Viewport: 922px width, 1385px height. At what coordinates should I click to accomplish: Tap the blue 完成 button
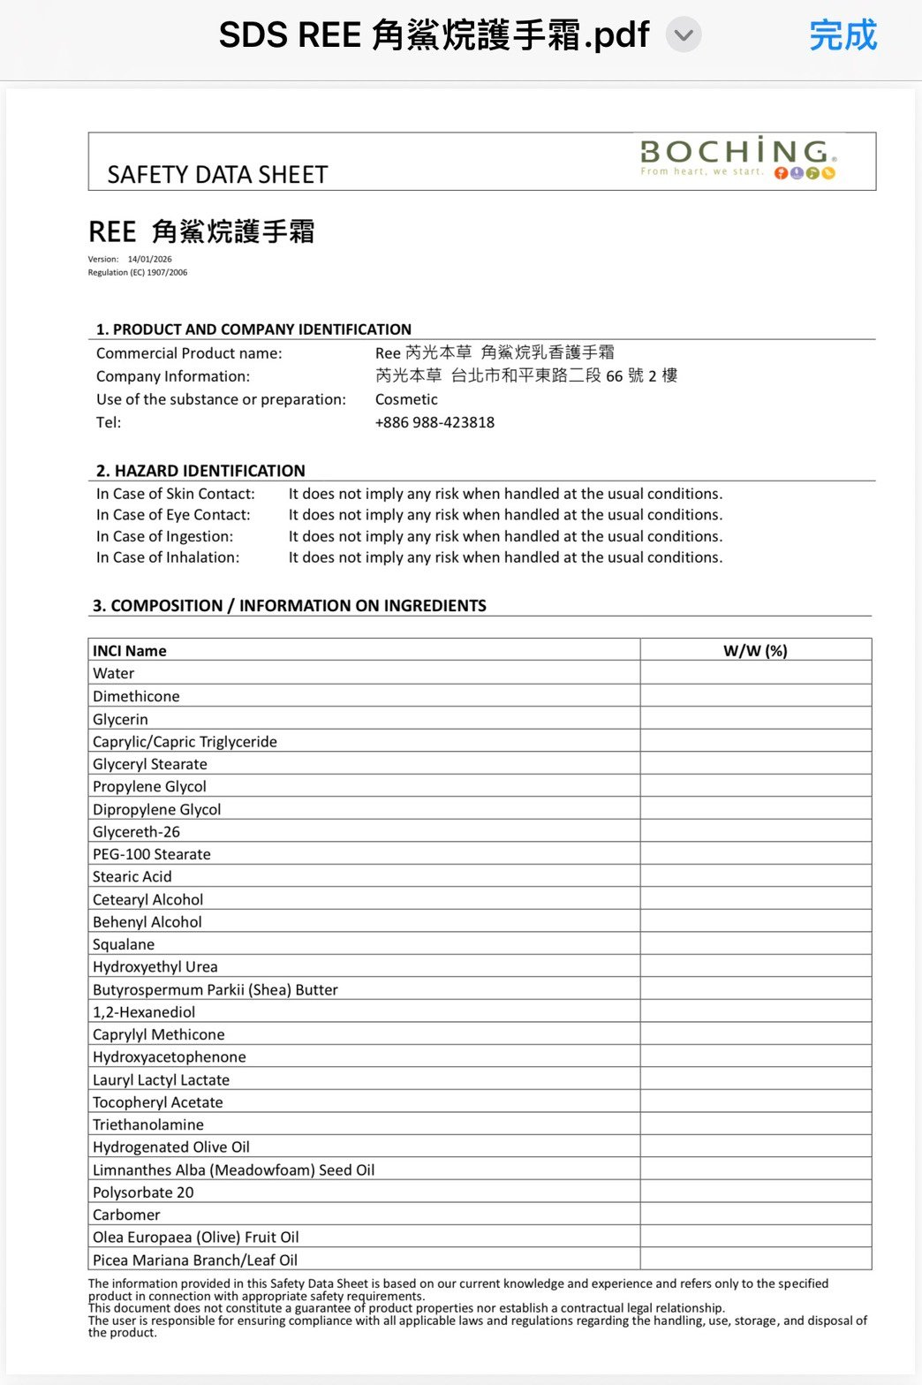[843, 35]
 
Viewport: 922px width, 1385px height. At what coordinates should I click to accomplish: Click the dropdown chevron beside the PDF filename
[683, 36]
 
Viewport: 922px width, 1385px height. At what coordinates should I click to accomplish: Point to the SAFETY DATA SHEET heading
[217, 175]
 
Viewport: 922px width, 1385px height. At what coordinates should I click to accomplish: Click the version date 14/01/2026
[149, 260]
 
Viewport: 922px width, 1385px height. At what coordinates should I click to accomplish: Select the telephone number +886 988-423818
[435, 422]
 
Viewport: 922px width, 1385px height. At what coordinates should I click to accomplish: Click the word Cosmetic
[406, 399]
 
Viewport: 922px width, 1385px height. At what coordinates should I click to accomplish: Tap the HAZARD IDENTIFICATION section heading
[200, 471]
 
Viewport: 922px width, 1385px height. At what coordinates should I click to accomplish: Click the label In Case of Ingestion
[164, 536]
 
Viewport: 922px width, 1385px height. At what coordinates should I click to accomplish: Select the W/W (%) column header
[755, 651]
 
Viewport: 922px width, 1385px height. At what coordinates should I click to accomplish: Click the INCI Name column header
[130, 651]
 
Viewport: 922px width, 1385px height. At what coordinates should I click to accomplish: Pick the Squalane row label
[124, 944]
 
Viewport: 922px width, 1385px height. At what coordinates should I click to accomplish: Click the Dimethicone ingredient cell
[136, 696]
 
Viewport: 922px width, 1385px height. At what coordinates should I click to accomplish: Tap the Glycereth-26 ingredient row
[136, 832]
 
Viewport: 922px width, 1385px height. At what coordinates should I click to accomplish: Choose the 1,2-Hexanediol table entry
[144, 1012]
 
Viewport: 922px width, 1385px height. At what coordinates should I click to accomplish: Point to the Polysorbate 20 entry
[143, 1192]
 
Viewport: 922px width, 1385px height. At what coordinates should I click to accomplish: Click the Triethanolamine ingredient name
[148, 1124]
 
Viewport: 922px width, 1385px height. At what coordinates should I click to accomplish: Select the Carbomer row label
[126, 1215]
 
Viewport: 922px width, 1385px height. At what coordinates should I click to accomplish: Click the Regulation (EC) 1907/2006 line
[138, 273]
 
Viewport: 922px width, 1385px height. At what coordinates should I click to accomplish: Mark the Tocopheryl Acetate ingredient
[158, 1102]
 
